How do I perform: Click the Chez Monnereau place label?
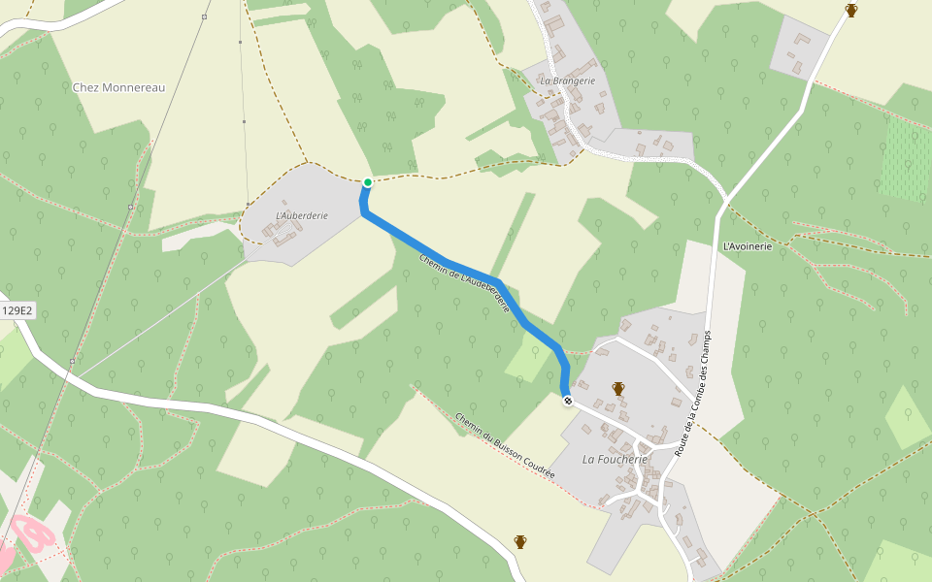coord(118,87)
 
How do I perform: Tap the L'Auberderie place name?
coord(302,214)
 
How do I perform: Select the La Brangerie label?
coord(568,81)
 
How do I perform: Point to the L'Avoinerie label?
coord(747,246)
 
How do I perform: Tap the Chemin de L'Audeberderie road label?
coord(465,283)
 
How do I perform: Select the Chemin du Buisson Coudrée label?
coord(505,445)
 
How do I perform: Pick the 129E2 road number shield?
coord(17,311)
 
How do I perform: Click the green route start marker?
coord(368,182)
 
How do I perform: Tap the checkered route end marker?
coord(568,401)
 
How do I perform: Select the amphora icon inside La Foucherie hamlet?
coord(617,388)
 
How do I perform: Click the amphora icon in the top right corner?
coord(851,11)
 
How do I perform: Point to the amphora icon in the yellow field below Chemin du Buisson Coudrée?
coord(520,541)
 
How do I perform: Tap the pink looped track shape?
coord(33,533)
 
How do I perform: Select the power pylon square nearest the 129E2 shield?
coord(72,362)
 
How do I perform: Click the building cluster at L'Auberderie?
coord(281,231)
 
